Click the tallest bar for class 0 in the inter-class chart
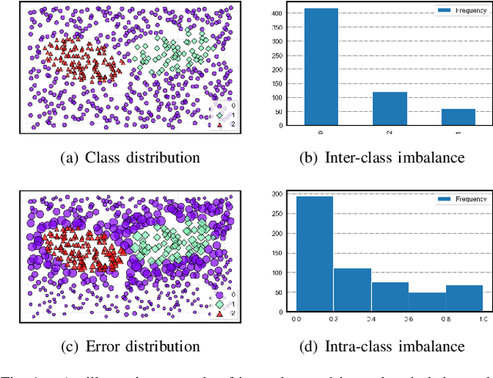321,67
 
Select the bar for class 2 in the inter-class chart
390,109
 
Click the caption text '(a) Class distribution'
130,158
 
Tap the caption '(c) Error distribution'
130,346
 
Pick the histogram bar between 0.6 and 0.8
428,302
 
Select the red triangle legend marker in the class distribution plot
220,123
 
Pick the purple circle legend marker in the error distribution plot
220,294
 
